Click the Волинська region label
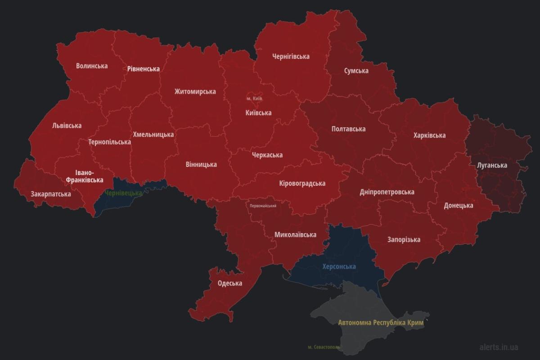[92, 66]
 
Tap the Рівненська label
[143, 69]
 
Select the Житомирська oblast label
[195, 91]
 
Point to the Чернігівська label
[291, 56]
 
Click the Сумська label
[356, 71]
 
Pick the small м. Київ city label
[254, 98]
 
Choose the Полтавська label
[348, 129]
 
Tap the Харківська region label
[429, 135]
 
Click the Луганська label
[492, 165]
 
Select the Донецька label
[458, 205]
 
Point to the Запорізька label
[404, 239]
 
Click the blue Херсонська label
[339, 266]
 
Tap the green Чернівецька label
[123, 193]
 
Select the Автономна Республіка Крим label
[381, 323]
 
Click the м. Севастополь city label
[324, 347]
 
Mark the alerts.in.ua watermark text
[499, 347]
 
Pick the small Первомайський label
[263, 206]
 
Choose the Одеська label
[229, 283]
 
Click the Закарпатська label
[50, 194]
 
